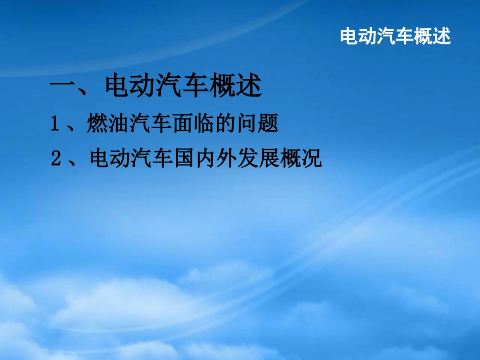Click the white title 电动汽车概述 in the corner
click(x=395, y=36)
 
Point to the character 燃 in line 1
click(x=96, y=124)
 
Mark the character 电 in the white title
click(x=350, y=36)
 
